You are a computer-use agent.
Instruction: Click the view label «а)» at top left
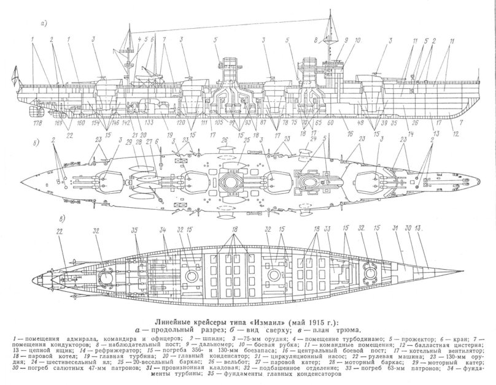(43, 25)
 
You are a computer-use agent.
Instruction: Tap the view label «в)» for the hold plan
(41, 219)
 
